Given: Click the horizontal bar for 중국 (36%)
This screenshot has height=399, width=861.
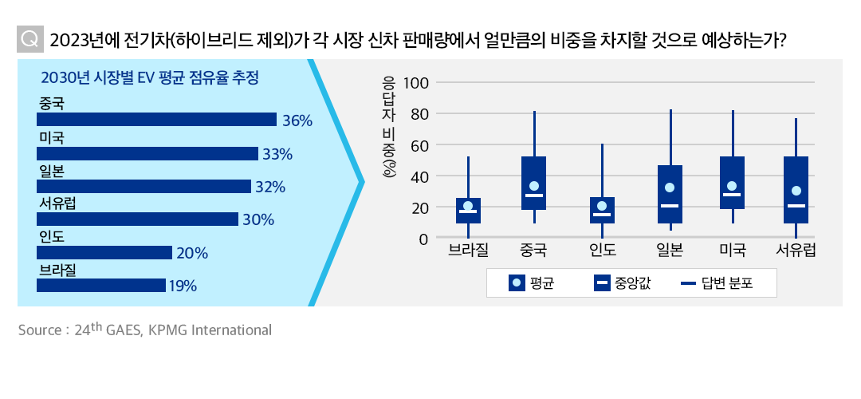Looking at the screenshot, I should click(156, 120).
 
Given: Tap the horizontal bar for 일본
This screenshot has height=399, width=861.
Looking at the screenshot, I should click(143, 187).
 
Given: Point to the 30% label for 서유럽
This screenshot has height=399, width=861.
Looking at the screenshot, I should click(258, 219).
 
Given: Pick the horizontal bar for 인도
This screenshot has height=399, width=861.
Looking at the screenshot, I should click(104, 253).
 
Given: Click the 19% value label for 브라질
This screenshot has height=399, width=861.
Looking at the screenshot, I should click(183, 286).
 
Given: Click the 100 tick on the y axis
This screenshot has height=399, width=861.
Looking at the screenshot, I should click(416, 83).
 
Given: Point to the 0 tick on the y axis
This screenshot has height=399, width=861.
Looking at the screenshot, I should click(424, 239).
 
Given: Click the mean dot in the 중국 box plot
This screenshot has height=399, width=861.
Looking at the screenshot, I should click(534, 186).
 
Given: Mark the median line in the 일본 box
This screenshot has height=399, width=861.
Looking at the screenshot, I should click(670, 206).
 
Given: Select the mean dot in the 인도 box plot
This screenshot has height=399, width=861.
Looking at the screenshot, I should click(602, 206).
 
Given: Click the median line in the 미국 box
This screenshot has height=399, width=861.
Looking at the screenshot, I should click(732, 195).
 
